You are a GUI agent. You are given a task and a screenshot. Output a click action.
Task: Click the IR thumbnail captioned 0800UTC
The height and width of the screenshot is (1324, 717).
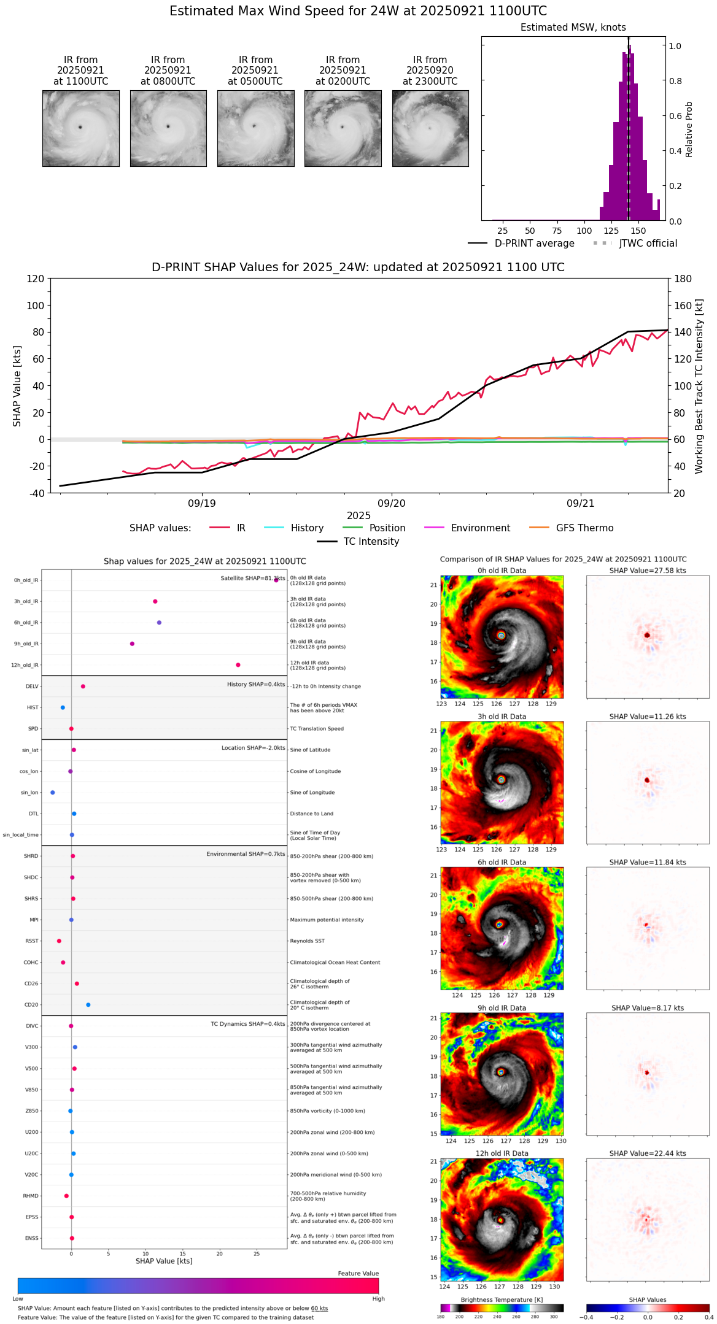point(168,128)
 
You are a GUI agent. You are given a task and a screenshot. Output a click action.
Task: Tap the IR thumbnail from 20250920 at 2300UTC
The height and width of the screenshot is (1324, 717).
point(430,128)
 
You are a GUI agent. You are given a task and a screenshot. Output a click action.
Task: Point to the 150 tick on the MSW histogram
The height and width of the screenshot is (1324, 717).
point(638,231)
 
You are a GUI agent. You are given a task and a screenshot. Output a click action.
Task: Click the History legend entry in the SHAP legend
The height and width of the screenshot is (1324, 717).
point(307,528)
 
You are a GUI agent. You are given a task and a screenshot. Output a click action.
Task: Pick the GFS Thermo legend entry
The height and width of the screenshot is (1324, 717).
point(584,528)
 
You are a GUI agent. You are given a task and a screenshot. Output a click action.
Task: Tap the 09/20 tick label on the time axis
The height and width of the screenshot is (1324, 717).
point(392,504)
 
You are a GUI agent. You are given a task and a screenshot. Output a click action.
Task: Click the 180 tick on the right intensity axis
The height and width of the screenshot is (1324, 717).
point(683,279)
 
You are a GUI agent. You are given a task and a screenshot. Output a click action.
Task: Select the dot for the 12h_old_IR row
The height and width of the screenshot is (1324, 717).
point(238,665)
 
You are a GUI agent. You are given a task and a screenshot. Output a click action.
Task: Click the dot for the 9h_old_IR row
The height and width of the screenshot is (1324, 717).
point(132,644)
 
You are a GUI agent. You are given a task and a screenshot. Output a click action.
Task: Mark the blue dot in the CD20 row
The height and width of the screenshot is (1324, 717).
point(88,1005)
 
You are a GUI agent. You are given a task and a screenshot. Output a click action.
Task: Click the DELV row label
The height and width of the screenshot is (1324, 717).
point(32,687)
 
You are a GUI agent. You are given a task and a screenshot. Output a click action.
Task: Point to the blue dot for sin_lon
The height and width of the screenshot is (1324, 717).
point(53,793)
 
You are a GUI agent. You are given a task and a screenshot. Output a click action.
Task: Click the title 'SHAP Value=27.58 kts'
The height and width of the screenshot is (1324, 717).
point(648,571)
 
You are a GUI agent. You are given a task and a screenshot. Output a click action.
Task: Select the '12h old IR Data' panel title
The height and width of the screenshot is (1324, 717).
point(502,1153)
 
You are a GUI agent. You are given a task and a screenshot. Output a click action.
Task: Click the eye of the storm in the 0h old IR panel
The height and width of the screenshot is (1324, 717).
point(502,635)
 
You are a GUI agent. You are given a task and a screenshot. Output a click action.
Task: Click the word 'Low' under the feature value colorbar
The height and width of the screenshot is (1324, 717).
point(18,1299)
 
